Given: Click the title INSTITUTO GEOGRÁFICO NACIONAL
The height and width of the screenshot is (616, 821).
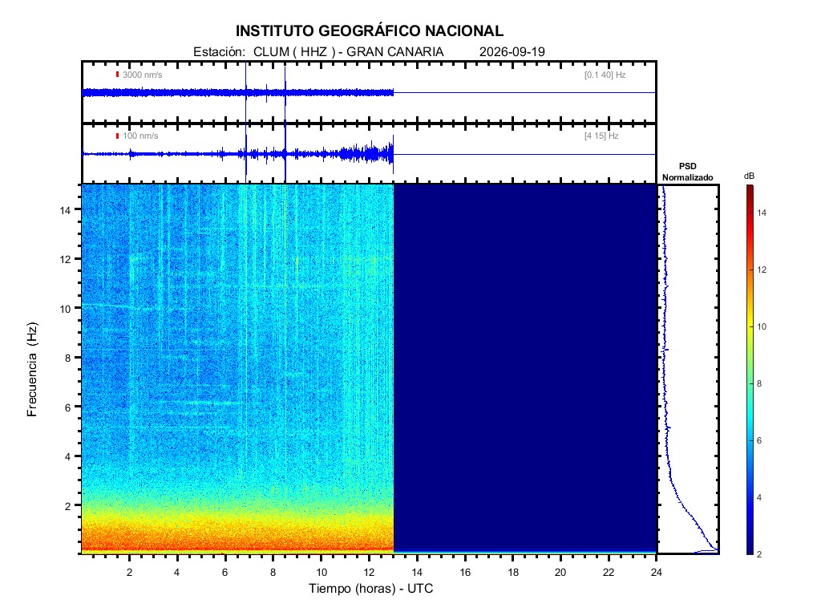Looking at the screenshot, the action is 369,31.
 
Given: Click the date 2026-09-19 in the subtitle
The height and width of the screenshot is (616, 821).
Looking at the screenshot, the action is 512,52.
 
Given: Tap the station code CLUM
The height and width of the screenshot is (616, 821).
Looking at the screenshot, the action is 271,52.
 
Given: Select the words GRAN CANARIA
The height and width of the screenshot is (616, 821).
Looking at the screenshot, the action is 394,52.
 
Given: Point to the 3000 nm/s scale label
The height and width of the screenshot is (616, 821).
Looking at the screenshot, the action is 143,75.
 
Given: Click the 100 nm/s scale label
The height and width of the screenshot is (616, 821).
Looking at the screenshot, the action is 140,136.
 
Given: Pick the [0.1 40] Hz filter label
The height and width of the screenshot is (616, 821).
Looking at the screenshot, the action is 605,75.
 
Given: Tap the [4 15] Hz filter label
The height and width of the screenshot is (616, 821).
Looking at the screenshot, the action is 601,136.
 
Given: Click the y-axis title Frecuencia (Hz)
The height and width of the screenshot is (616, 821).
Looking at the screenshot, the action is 32,369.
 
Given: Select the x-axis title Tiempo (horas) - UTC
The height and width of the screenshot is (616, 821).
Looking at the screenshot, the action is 370,588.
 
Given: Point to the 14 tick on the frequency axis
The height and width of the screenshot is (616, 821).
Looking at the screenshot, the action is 66,210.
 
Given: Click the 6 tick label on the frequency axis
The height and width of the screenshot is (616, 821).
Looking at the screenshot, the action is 67,407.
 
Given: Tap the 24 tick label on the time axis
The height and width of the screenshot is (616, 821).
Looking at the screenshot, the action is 657,572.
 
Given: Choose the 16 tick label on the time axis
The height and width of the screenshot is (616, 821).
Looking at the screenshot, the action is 465,572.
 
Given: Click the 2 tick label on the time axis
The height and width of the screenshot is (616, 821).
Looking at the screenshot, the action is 129,572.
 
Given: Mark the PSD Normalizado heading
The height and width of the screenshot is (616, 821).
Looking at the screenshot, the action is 687,172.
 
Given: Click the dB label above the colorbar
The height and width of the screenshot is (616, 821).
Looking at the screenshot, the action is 750,176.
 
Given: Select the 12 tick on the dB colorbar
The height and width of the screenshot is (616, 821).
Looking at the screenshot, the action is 762,269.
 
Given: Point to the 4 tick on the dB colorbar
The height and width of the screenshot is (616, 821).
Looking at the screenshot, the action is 759,497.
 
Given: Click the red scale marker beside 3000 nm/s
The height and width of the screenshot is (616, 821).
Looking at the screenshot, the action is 117,75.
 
